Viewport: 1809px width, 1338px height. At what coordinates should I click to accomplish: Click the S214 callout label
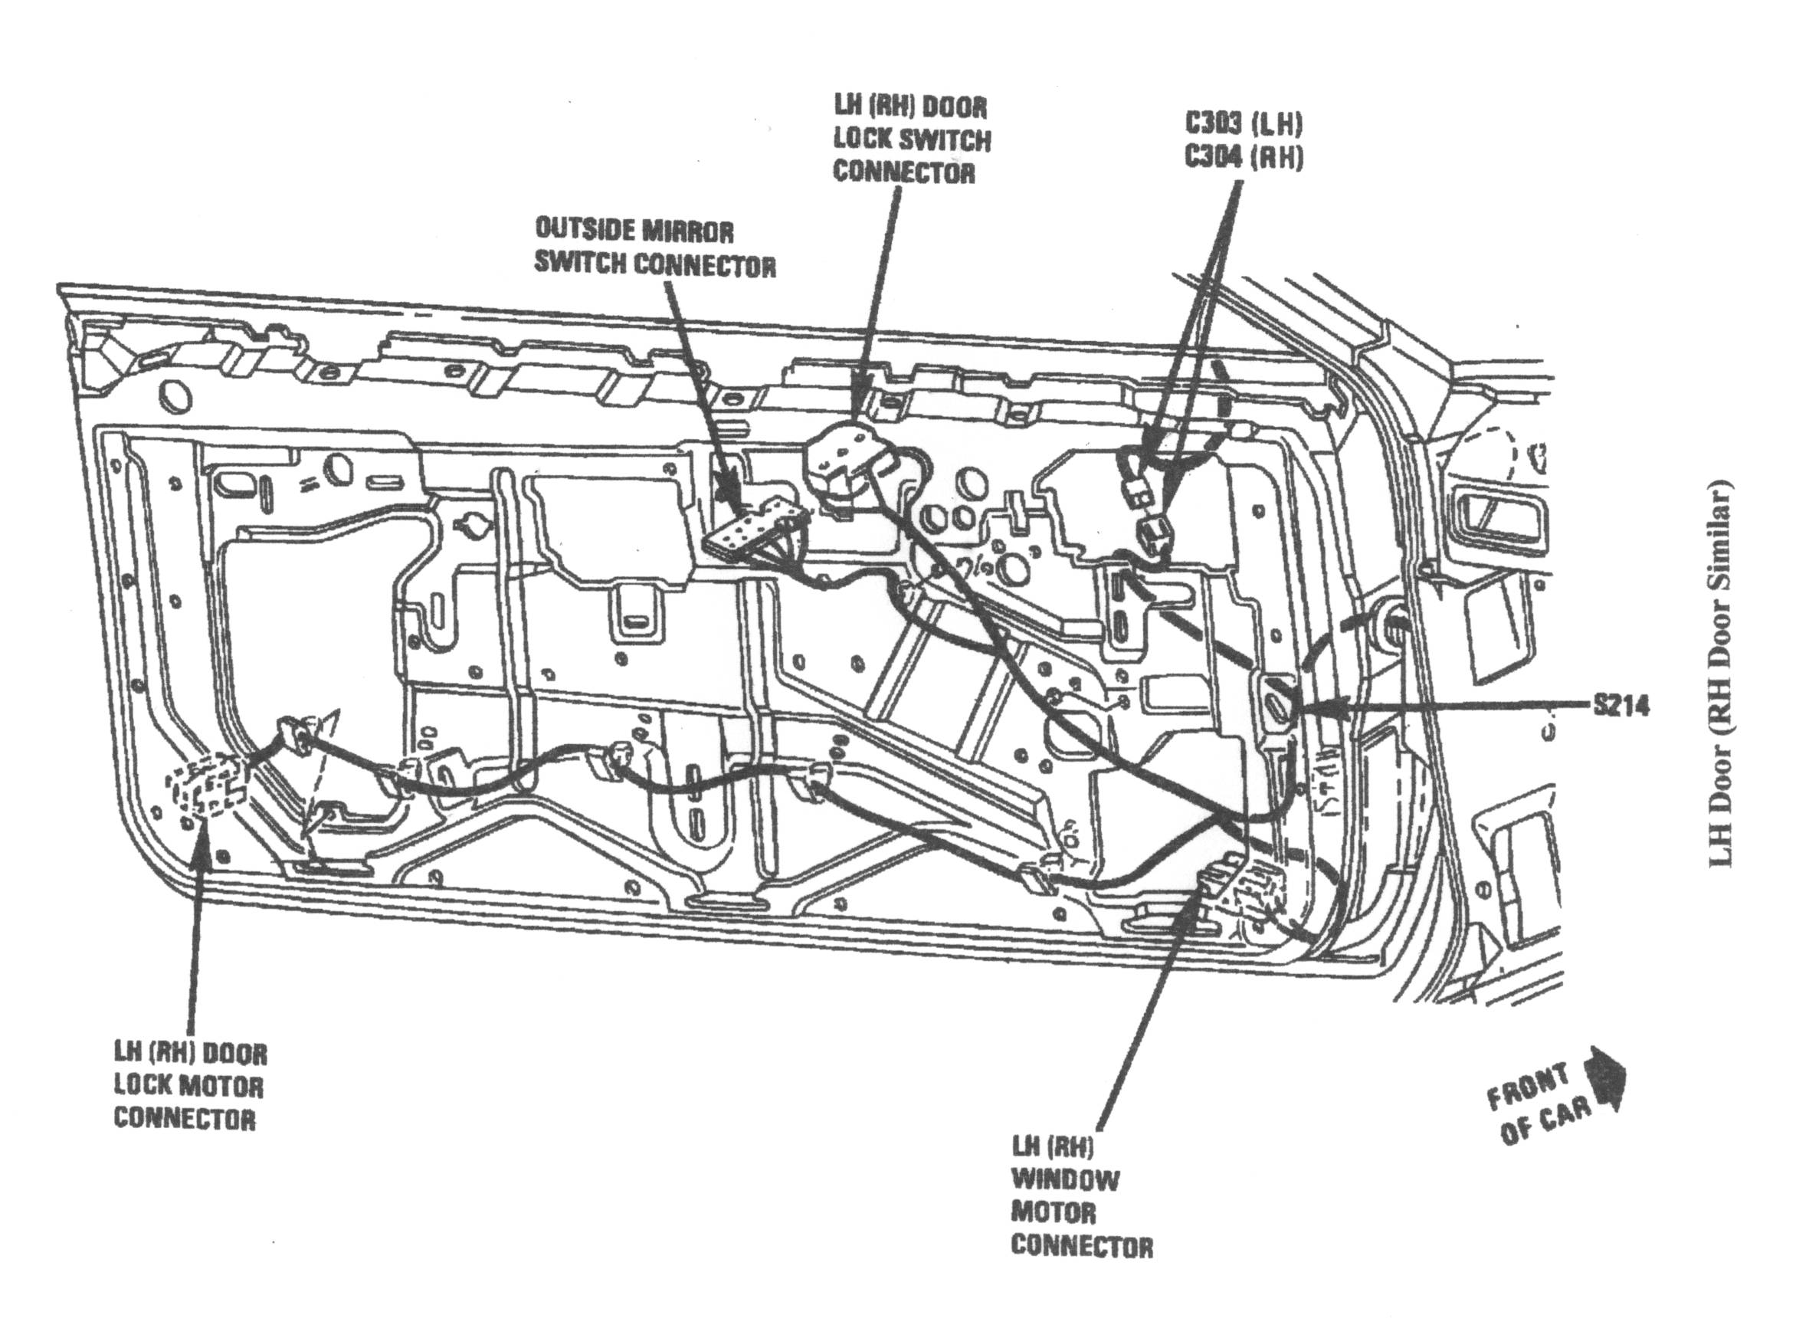[1621, 707]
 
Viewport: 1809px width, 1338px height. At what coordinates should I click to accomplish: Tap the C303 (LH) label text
[1244, 124]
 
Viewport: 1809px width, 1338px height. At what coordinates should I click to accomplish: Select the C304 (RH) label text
[1244, 156]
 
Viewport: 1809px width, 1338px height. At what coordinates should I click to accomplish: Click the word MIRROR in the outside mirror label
[687, 231]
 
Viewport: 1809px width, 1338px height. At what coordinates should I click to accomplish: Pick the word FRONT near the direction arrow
[1526, 1090]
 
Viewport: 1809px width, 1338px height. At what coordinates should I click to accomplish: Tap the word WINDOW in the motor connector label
[1065, 1180]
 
